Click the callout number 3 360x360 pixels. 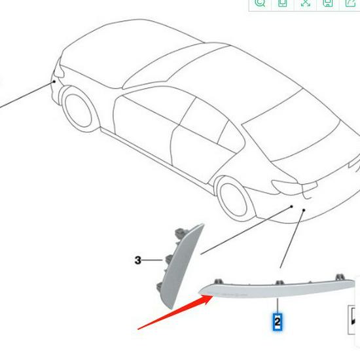tap(137, 261)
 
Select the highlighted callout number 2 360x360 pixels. tap(278, 321)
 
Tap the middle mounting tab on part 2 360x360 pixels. tap(279, 283)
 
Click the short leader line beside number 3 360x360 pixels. tap(152, 261)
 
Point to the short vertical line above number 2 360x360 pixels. tap(278, 306)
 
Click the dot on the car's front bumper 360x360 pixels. tap(54, 82)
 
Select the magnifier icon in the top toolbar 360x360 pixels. tap(260, 3)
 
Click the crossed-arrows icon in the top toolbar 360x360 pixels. tap(305, 3)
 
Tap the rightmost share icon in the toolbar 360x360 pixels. tap(351, 3)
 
